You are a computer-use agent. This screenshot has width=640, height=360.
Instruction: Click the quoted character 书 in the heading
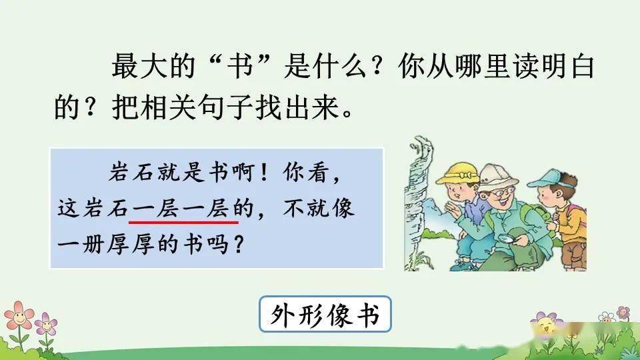click(x=240, y=67)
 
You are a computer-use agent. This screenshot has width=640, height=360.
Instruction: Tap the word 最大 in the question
click(x=139, y=67)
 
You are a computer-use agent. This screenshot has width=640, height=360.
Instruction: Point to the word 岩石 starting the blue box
click(x=132, y=172)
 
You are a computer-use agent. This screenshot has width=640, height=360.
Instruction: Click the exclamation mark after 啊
click(x=264, y=173)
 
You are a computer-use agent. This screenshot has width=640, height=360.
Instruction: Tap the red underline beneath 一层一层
click(x=183, y=223)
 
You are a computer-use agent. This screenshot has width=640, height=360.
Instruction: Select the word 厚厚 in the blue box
click(x=131, y=244)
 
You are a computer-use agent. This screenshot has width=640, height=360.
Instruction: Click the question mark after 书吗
click(x=239, y=244)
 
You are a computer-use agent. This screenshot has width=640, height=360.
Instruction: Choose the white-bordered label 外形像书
click(x=325, y=314)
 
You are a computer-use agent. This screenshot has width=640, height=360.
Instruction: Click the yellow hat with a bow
click(x=457, y=173)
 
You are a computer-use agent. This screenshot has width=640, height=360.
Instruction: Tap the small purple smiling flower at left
click(x=46, y=325)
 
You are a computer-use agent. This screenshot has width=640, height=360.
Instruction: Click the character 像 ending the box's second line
click(x=341, y=208)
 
